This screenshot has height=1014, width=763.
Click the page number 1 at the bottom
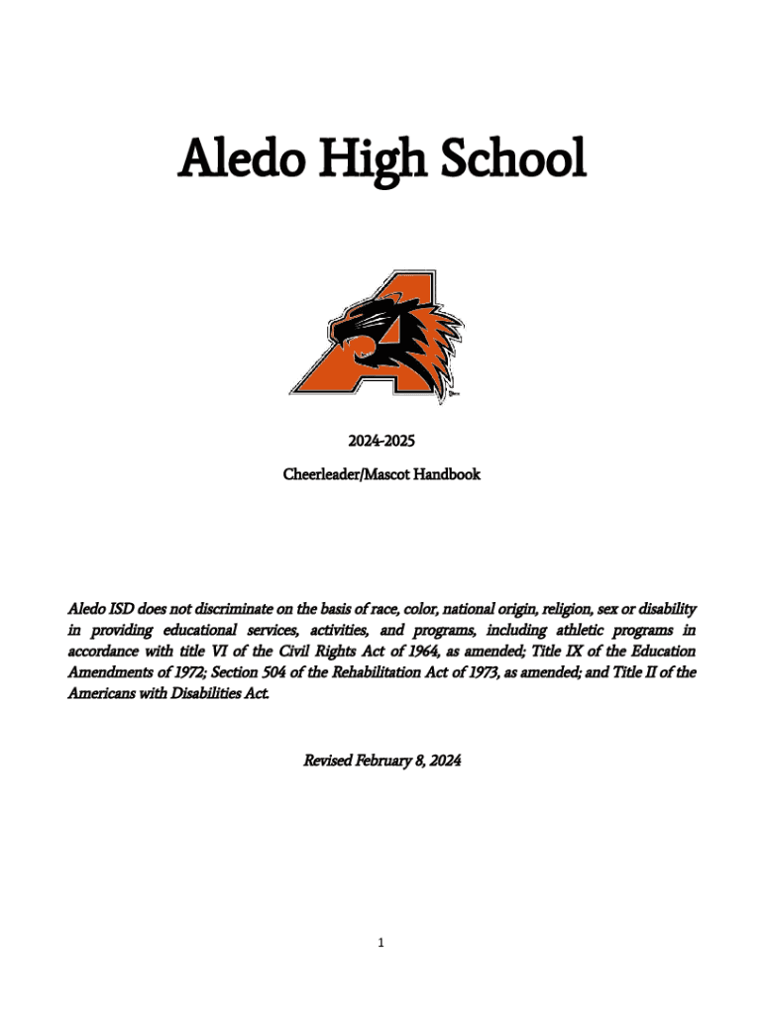coord(381,944)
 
